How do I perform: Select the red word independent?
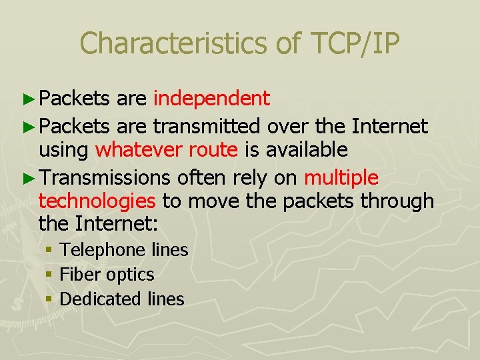click(x=211, y=99)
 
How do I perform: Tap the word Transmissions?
click(x=105, y=177)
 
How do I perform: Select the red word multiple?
click(x=341, y=177)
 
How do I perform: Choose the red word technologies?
click(x=97, y=201)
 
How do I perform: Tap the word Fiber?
click(x=77, y=274)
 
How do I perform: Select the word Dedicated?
click(x=97, y=299)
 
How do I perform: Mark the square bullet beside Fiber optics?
click(x=49, y=275)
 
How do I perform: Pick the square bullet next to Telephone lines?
click(x=49, y=250)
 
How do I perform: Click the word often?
click(x=198, y=177)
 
